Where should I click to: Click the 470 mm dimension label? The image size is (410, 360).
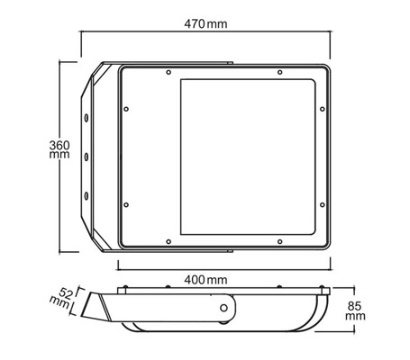pyautogui.click(x=205, y=23)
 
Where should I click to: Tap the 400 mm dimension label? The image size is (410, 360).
pyautogui.click(x=205, y=280)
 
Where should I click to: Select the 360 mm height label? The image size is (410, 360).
pyautogui.click(x=59, y=149)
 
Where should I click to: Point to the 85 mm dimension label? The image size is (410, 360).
pyautogui.click(x=355, y=311)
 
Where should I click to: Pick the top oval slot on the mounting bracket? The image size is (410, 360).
pyautogui.click(x=87, y=118)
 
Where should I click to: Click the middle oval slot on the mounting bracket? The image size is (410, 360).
pyautogui.click(x=87, y=157)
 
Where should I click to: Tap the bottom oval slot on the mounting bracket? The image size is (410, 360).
pyautogui.click(x=87, y=196)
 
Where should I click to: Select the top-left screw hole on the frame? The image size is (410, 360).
pyautogui.click(x=169, y=72)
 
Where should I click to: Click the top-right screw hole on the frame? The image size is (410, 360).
pyautogui.click(x=279, y=72)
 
